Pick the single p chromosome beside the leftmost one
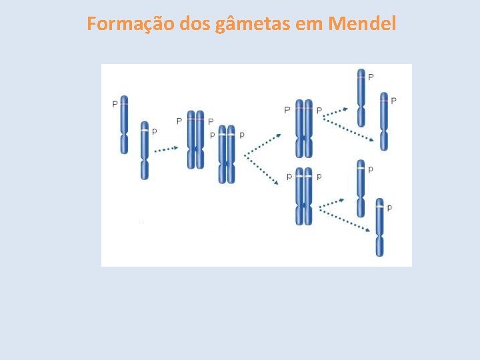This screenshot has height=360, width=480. click(x=145, y=150)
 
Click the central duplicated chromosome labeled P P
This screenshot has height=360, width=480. click(x=195, y=139)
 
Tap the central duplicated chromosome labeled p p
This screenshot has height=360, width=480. click(x=227, y=154)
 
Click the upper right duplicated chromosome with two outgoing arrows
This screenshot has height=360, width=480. click(x=304, y=129)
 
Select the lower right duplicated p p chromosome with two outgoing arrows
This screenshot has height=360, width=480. click(x=304, y=196)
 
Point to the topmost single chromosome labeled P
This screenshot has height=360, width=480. click(x=361, y=97)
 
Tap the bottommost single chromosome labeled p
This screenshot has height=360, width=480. click(x=379, y=227)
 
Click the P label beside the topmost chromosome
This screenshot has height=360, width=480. click(x=371, y=77)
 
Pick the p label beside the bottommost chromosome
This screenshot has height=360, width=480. click(x=389, y=208)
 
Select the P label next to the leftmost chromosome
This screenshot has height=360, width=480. click(x=115, y=104)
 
